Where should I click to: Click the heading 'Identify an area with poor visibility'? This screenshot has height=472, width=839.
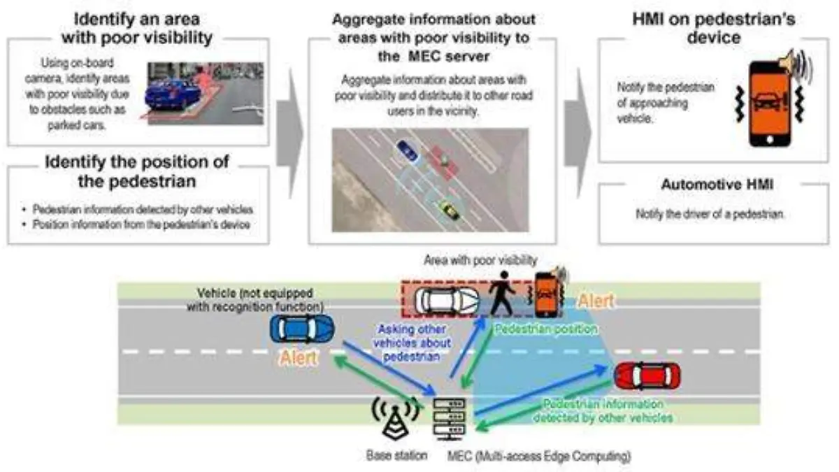(137, 28)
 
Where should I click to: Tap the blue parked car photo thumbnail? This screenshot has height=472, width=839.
(204, 93)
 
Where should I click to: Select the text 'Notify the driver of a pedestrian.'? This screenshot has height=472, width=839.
(710, 214)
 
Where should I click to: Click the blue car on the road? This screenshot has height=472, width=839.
(302, 329)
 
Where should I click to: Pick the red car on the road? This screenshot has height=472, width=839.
(647, 376)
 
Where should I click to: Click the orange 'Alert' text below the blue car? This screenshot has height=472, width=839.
(299, 359)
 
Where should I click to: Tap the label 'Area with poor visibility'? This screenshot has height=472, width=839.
(480, 260)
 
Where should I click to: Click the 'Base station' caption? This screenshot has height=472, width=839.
(397, 456)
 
